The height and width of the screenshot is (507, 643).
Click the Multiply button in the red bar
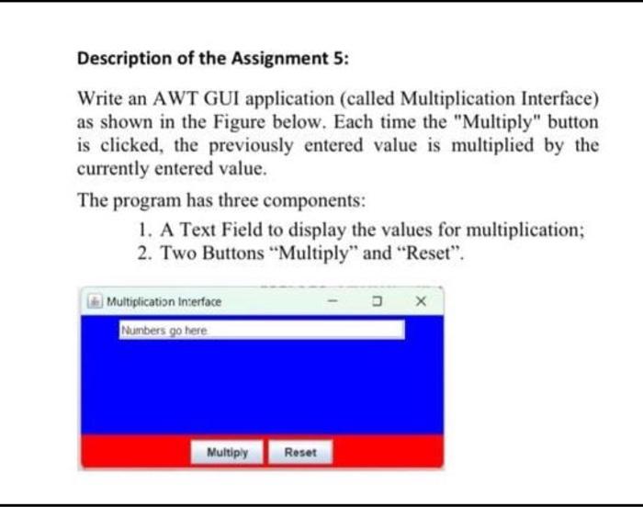point(228,452)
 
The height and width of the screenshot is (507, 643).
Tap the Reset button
point(300,452)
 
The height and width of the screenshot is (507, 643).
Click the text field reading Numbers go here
point(261,329)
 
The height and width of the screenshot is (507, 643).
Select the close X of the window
point(422,301)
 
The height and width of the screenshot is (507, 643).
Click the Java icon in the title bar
point(96,301)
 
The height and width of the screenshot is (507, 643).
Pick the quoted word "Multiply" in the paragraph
point(484,122)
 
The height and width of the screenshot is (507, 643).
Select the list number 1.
point(143,230)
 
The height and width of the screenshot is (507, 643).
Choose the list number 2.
point(143,253)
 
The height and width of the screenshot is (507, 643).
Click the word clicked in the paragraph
point(118,146)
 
